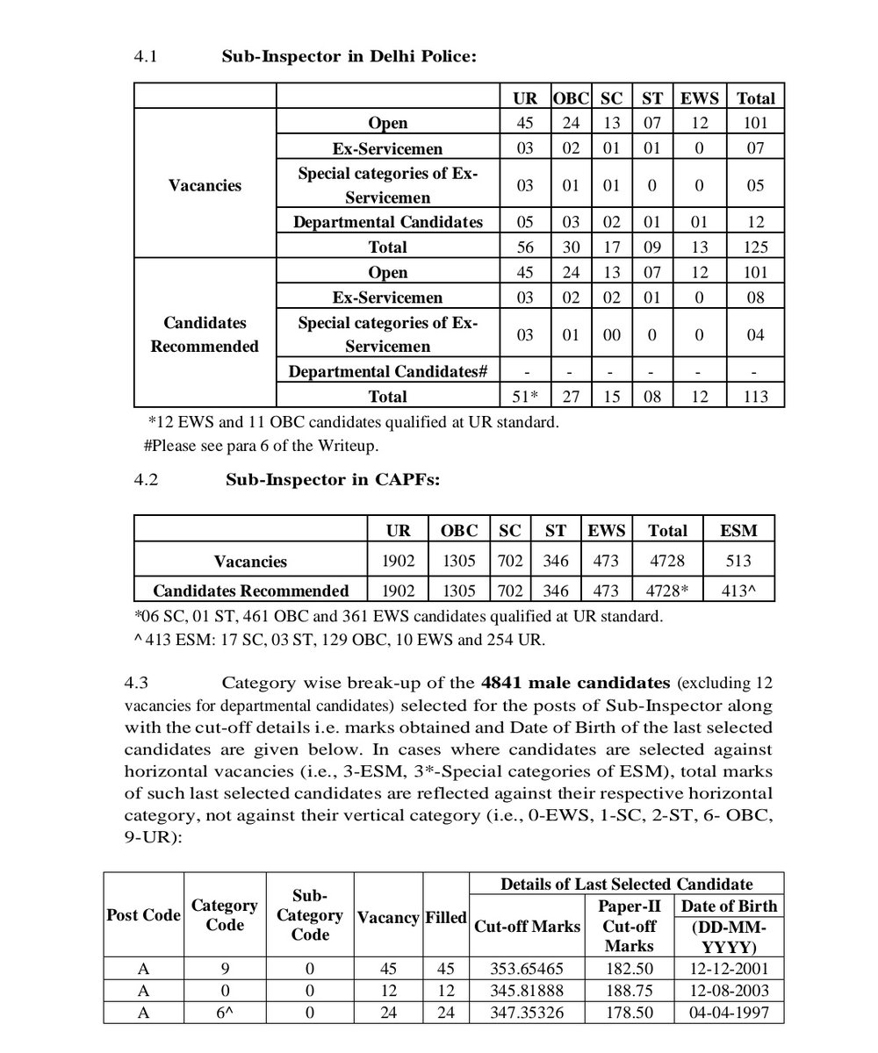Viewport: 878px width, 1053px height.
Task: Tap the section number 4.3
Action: (145, 683)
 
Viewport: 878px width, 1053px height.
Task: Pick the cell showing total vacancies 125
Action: (755, 247)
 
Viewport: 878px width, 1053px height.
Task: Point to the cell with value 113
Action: (755, 397)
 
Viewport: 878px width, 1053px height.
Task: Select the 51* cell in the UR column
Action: (525, 397)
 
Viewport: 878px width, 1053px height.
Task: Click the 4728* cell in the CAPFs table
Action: (667, 591)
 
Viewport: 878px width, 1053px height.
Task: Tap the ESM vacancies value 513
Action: (738, 561)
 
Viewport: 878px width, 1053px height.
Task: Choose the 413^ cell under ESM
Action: (738, 591)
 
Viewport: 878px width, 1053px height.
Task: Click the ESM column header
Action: (738, 530)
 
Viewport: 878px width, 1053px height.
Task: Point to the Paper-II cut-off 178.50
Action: (629, 1012)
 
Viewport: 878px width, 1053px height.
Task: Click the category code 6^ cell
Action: (224, 1012)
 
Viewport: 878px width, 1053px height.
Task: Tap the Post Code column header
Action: (143, 915)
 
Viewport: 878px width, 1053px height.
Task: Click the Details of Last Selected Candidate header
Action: (626, 884)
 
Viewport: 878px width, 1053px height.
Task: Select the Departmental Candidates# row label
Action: (388, 371)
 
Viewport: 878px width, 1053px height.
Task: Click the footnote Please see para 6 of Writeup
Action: (261, 446)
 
